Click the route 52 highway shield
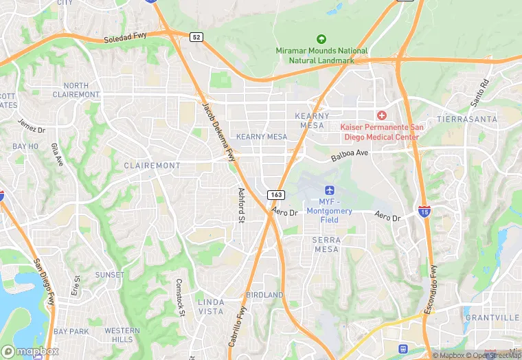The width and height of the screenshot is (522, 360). point(197,36)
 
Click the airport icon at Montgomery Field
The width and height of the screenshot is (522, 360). point(329,190)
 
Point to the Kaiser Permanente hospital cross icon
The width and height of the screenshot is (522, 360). point(381,115)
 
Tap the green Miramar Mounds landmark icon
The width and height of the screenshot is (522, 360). point(321,39)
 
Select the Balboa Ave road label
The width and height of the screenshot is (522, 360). point(350,157)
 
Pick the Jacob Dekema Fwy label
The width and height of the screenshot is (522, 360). point(218,130)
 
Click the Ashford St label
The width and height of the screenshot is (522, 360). point(241,206)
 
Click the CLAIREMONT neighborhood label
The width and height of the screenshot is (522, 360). point(152,166)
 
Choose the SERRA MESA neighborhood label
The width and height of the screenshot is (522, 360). point(326,244)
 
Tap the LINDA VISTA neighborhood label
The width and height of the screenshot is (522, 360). point(211,306)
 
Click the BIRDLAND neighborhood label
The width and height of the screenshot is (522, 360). point(264,295)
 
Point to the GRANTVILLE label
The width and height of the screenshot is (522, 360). point(492,317)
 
